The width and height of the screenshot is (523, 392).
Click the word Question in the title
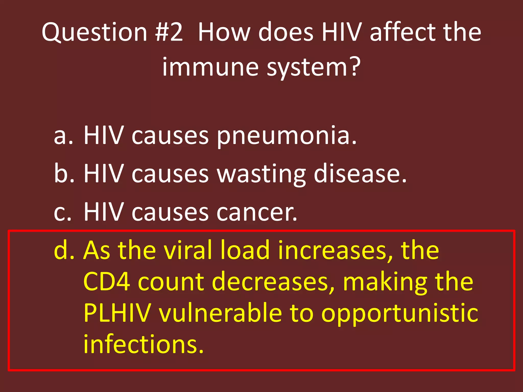coord(94,32)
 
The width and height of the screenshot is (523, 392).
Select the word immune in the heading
coord(211,67)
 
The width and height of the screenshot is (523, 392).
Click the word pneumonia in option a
coord(287,136)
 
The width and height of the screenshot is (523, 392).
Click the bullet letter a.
coord(63,136)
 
